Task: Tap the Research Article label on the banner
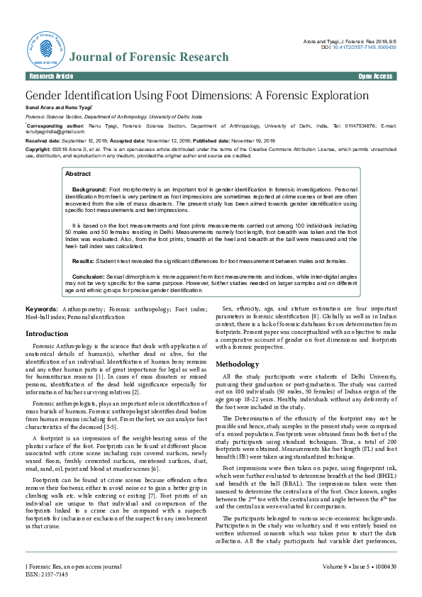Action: (50, 76)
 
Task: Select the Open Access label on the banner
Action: (375, 76)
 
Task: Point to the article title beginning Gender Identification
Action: (197, 95)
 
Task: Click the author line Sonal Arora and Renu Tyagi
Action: (56, 106)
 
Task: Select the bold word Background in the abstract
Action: (89, 191)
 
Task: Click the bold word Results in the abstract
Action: (87, 242)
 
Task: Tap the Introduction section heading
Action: (47, 333)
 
